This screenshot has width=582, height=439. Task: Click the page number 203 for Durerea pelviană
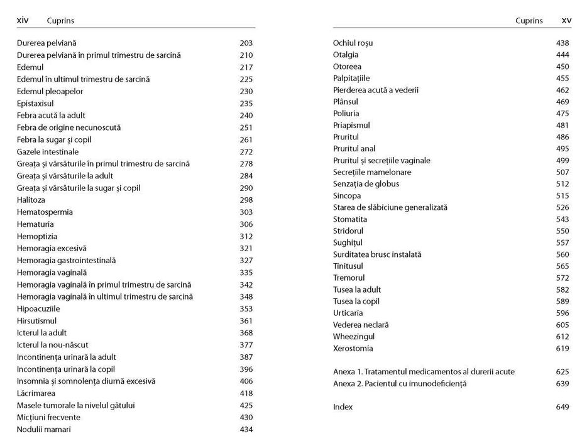246,43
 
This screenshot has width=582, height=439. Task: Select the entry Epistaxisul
35,104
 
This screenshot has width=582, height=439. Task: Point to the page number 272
246,152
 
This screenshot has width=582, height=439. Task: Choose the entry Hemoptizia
37,237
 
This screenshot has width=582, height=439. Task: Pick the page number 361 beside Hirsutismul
246,321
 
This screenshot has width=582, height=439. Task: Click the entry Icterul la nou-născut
52,345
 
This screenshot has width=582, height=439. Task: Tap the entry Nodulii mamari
44,430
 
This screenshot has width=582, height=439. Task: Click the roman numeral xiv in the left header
23,21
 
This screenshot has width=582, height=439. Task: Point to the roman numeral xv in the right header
566,21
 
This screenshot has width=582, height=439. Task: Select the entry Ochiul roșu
353,43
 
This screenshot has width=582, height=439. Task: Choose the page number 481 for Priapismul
563,126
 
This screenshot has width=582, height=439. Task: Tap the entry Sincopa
347,196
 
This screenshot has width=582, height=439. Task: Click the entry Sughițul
348,243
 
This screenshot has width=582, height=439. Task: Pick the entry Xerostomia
353,349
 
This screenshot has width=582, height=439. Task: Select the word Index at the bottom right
343,408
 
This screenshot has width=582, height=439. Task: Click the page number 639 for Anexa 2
563,384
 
